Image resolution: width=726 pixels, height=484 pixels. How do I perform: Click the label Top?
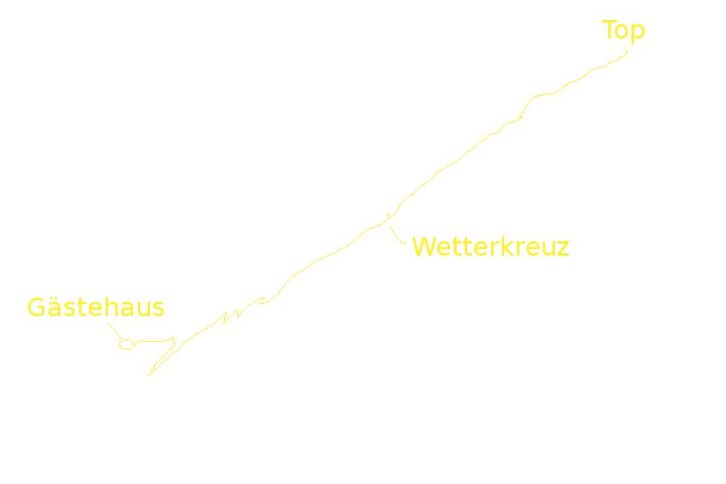pyautogui.click(x=623, y=31)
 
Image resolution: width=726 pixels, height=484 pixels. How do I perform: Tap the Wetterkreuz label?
pyautogui.click(x=490, y=247)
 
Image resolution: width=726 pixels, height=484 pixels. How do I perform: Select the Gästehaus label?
pyautogui.click(x=96, y=307)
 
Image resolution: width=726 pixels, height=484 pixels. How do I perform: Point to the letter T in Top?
pyautogui.click(x=608, y=30)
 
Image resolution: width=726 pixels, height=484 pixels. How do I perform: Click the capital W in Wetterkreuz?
pyautogui.click(x=423, y=247)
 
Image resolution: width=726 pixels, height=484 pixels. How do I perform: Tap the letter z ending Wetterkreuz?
pyautogui.click(x=563, y=249)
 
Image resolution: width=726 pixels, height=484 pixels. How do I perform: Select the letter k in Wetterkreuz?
pyautogui.click(x=507, y=247)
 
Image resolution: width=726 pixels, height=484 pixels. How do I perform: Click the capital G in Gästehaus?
pyautogui.click(x=36, y=307)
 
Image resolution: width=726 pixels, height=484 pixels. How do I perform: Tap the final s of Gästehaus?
pyautogui.click(x=158, y=310)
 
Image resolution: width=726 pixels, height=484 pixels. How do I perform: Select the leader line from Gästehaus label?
pyautogui.click(x=115, y=330)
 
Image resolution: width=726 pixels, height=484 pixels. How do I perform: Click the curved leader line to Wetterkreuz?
pyautogui.click(x=396, y=237)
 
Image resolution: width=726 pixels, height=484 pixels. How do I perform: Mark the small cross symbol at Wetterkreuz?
pyautogui.click(x=388, y=215)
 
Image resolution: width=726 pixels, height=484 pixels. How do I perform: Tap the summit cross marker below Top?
pyautogui.click(x=627, y=52)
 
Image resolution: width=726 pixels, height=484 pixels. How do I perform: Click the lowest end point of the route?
pyautogui.click(x=149, y=375)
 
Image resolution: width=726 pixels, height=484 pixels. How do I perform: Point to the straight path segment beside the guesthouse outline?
pyautogui.click(x=152, y=341)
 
